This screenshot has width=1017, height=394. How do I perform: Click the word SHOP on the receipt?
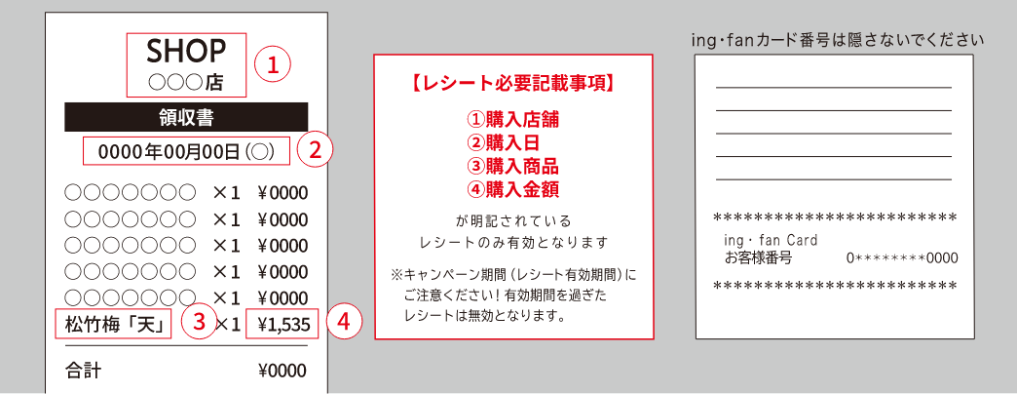(x=186, y=51)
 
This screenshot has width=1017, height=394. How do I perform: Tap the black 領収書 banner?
(x=186, y=117)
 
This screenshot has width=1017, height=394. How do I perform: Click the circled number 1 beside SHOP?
(x=272, y=65)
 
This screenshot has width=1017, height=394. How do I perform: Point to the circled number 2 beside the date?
(x=315, y=150)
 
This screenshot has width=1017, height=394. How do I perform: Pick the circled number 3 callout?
(x=198, y=323)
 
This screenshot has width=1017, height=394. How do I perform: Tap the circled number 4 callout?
(x=343, y=323)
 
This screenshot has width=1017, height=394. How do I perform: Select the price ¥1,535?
(x=282, y=324)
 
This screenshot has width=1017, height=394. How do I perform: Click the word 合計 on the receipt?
(x=84, y=371)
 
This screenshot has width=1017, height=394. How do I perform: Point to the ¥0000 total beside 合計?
(x=282, y=371)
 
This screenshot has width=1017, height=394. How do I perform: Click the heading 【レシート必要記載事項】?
(x=513, y=84)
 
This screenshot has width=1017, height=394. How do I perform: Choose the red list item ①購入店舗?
(x=513, y=119)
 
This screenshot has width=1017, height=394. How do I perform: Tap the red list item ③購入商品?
(x=513, y=166)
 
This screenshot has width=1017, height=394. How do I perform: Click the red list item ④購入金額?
(x=513, y=189)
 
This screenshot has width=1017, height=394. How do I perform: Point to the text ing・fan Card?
(x=772, y=241)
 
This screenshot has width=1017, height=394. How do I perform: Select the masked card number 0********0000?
(x=902, y=258)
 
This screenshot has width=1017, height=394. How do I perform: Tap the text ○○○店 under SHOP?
(x=185, y=83)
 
